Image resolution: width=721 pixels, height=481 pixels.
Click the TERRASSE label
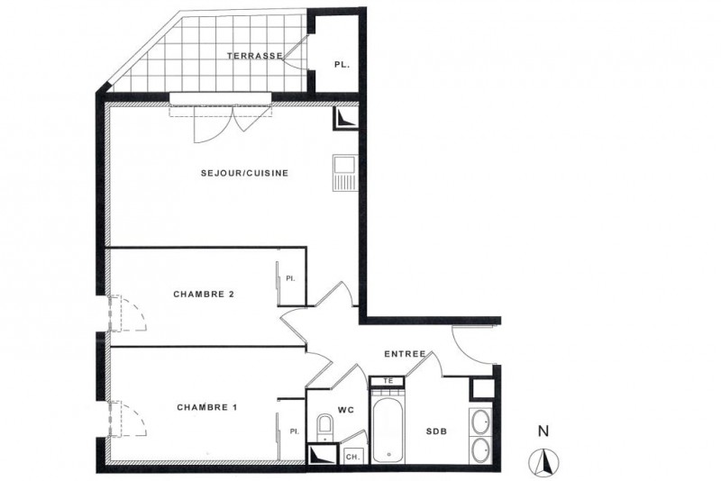click(x=255, y=56)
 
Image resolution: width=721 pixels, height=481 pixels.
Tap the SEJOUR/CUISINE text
click(x=244, y=173)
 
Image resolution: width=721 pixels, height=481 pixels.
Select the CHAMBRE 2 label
click(x=204, y=294)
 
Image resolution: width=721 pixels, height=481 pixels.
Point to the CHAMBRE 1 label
click(x=207, y=407)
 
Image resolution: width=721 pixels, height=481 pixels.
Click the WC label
click(x=346, y=410)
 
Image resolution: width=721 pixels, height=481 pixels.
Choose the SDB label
click(x=436, y=431)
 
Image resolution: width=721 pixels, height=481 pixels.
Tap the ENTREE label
click(x=405, y=354)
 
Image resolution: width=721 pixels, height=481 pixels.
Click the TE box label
click(x=388, y=381)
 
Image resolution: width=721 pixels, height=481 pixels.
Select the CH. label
click(x=352, y=457)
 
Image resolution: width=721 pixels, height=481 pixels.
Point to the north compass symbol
click(x=543, y=461)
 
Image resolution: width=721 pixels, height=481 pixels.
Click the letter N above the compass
click(x=543, y=431)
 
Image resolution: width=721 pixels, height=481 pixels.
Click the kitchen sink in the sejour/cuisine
click(x=345, y=173)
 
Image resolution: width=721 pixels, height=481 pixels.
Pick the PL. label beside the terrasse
click(x=342, y=65)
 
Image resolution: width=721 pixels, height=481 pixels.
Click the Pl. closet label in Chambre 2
click(x=290, y=278)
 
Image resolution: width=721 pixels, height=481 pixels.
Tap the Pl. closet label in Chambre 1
click(x=295, y=431)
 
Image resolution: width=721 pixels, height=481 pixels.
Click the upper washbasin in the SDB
click(x=481, y=421)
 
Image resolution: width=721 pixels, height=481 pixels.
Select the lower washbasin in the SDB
click(x=481, y=449)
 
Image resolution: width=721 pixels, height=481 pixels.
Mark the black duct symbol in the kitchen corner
click(x=345, y=119)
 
